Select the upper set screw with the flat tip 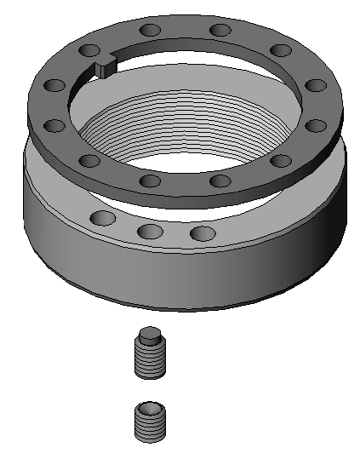pos(149,353)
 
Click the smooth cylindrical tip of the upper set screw pos(150,335)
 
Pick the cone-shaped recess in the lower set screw pos(150,407)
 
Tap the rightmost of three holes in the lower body pos(202,232)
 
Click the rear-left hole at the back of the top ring pos(150,31)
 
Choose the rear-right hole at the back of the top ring pos(220,31)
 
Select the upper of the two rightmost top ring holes pos(315,86)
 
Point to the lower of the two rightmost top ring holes pos(315,125)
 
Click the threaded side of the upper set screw pos(149,361)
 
